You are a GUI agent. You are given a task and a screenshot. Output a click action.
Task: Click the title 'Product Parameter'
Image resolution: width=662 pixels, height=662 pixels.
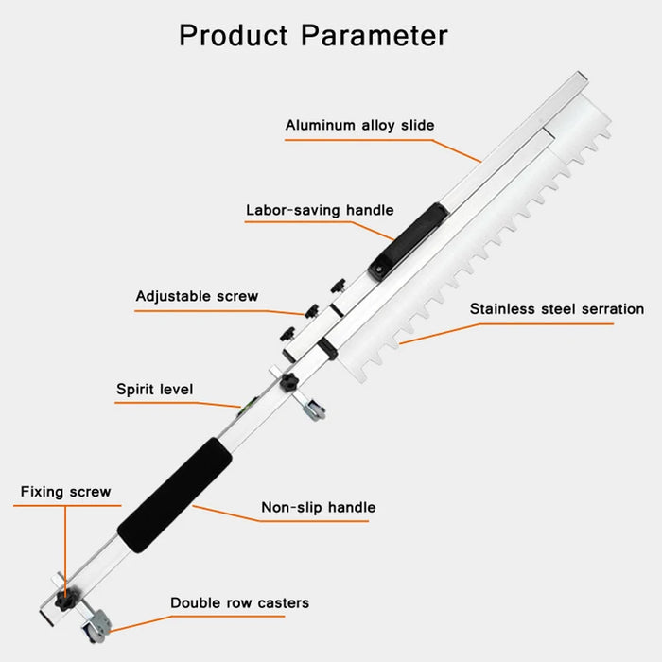(x=313, y=35)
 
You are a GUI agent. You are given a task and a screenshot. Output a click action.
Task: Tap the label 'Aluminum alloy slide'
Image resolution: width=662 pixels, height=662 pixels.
(x=359, y=126)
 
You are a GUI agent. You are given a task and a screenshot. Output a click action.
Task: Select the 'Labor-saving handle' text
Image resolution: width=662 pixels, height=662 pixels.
(x=320, y=210)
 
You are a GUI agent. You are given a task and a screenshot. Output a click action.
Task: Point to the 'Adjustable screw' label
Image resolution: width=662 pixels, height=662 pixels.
(x=197, y=296)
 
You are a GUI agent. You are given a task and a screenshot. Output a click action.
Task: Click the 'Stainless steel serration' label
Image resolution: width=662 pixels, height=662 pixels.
(x=557, y=308)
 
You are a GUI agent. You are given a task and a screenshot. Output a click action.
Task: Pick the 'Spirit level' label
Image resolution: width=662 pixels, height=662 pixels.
(x=154, y=389)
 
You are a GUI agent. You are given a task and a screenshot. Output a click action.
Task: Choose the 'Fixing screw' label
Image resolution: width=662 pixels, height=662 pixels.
(x=65, y=492)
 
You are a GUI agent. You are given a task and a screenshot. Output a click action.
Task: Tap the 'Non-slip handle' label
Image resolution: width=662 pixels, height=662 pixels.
(x=319, y=507)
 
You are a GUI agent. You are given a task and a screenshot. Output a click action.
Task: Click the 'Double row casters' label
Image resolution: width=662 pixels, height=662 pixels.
(x=239, y=602)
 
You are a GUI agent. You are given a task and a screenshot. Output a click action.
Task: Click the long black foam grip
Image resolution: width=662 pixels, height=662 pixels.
(x=174, y=495)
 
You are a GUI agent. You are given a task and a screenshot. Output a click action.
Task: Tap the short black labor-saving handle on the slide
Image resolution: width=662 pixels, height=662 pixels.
(x=408, y=241)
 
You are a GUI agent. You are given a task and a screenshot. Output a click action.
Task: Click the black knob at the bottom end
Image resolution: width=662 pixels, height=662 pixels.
(x=64, y=599)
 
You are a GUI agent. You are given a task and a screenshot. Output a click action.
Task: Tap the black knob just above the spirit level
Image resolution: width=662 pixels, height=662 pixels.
(x=288, y=382)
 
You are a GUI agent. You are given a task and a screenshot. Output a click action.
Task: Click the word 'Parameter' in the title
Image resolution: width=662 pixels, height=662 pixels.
(x=375, y=35)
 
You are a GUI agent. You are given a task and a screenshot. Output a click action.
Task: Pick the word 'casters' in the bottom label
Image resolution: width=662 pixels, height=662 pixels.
(x=284, y=603)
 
